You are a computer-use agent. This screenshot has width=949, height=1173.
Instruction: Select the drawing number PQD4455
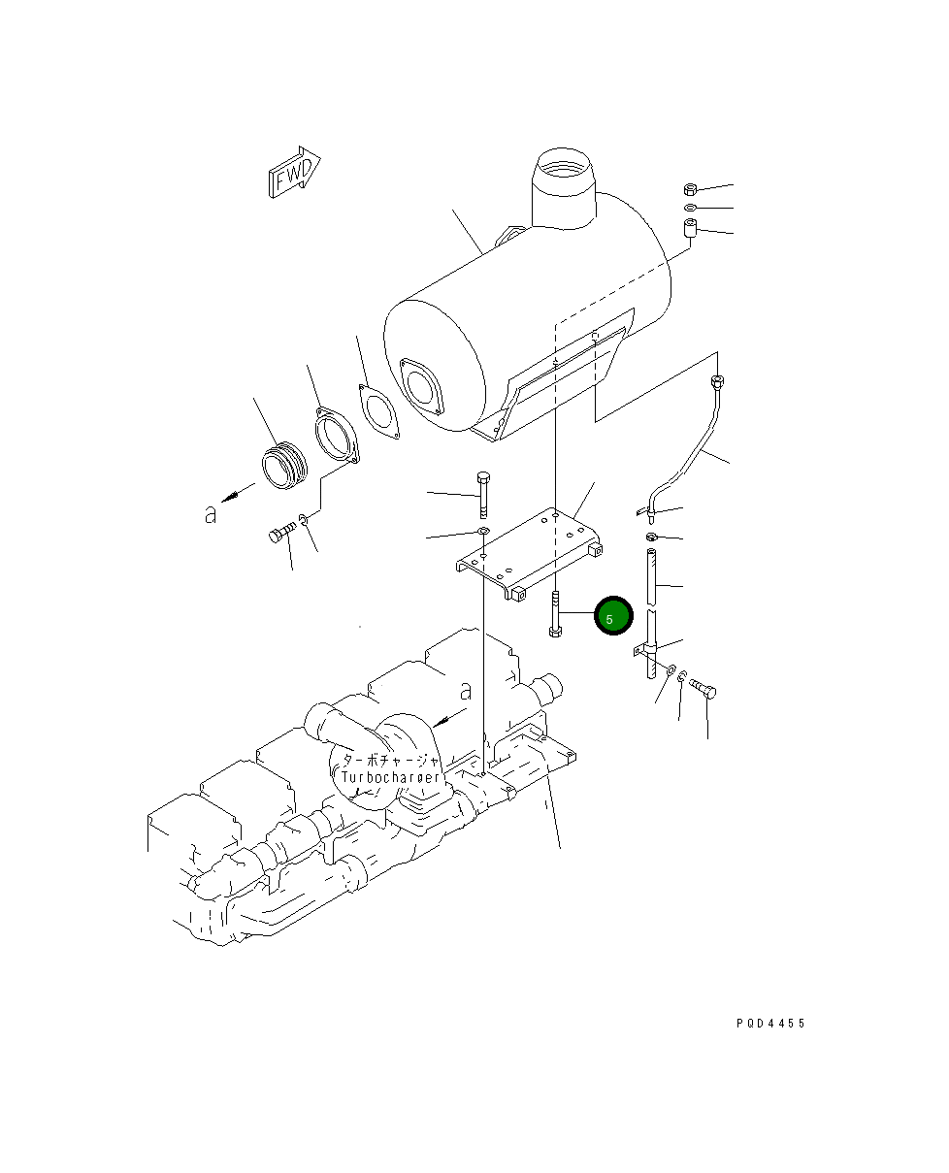pyautogui.click(x=769, y=1024)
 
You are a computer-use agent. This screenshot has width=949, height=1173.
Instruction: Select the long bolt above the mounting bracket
pyautogui.click(x=482, y=495)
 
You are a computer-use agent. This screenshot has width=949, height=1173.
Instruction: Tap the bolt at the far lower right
pyautogui.click(x=705, y=689)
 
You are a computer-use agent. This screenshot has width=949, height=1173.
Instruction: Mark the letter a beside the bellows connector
pyautogui.click(x=211, y=515)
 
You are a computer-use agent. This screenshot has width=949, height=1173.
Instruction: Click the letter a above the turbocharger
pyautogui.click(x=466, y=692)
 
